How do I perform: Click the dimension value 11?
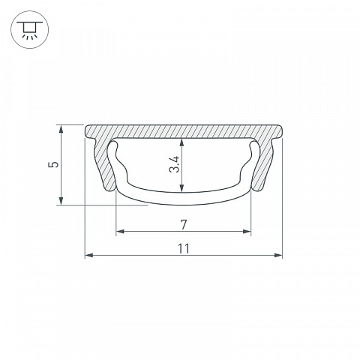point(184,248)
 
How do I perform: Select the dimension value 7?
point(184,224)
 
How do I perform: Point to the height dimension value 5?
point(54,164)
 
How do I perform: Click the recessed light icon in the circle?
point(30,29)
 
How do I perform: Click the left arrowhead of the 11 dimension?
point(89,255)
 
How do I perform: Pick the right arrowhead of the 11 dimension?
point(278,255)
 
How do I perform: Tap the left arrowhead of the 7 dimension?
point(121,231)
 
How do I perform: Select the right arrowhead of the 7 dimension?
point(247,231)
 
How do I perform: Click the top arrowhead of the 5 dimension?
point(61,129)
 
